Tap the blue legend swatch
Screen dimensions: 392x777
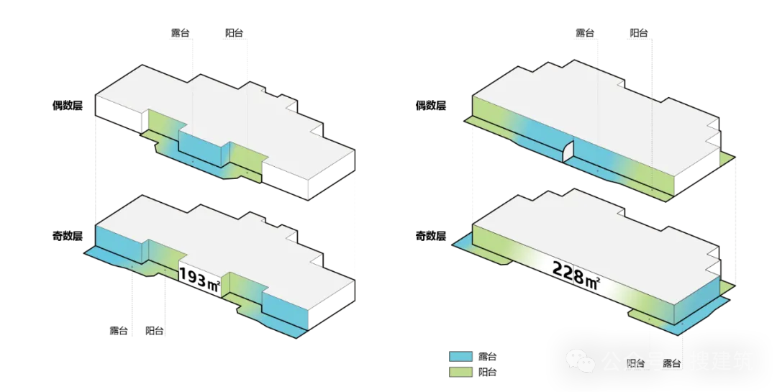[460, 357]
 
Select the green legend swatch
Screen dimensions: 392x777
[460, 371]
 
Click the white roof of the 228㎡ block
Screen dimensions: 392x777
[597, 230]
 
